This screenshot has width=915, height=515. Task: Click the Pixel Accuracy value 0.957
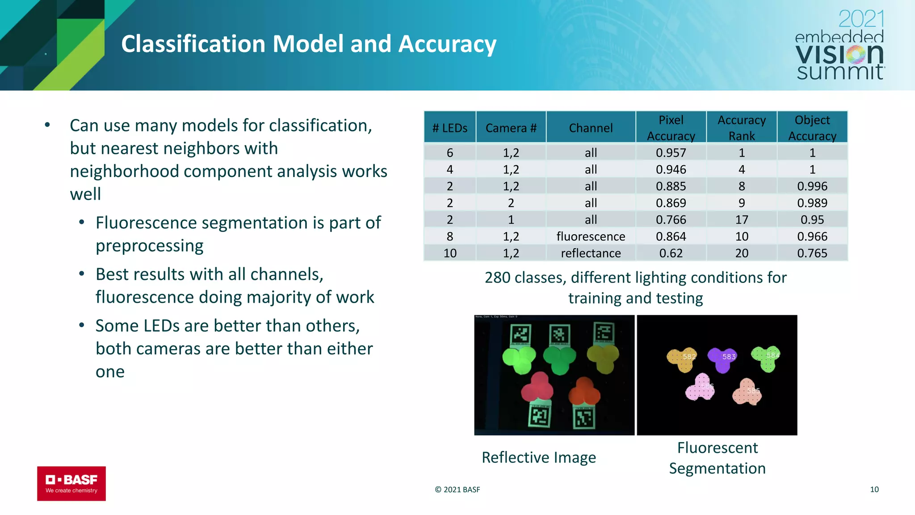(671, 153)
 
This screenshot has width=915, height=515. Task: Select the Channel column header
(591, 128)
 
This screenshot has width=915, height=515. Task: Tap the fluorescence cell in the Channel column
(591, 236)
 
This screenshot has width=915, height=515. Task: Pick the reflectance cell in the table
(591, 253)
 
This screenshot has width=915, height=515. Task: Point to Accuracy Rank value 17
(742, 220)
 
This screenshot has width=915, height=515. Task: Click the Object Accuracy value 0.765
(812, 253)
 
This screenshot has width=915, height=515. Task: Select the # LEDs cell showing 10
(450, 253)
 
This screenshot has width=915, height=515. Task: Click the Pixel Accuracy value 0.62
(671, 253)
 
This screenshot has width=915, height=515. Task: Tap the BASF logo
(71, 483)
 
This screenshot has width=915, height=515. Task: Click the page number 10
(874, 490)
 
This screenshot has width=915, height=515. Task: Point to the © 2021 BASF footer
(457, 490)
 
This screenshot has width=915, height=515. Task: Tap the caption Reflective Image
(538, 457)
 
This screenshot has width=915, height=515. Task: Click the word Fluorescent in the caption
(717, 447)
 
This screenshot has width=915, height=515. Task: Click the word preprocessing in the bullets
(149, 246)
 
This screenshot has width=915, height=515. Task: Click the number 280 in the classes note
(497, 278)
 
